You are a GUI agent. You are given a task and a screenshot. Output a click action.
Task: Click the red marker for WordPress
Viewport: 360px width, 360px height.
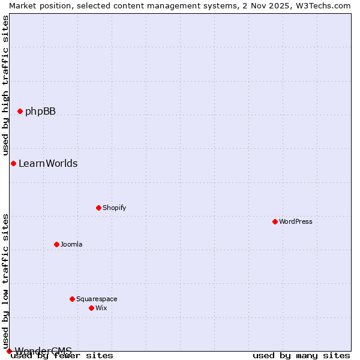(x=275, y=221)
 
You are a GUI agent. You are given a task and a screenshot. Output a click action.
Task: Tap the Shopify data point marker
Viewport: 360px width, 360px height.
(x=98, y=208)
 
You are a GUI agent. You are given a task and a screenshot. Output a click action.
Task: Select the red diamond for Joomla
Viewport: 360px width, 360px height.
(x=56, y=244)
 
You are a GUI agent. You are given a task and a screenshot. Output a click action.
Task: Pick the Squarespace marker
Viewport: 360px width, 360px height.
(x=72, y=299)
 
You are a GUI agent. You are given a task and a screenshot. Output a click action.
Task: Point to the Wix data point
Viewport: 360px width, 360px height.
(x=91, y=308)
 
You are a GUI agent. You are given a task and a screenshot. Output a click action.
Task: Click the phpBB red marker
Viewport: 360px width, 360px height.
(x=20, y=111)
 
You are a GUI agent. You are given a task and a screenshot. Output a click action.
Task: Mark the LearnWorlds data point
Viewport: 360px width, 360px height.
(x=13, y=163)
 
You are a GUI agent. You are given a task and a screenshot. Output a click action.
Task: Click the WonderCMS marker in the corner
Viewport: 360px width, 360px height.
(x=9, y=351)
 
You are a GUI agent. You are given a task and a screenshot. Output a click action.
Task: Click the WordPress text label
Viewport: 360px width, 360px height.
(x=296, y=221)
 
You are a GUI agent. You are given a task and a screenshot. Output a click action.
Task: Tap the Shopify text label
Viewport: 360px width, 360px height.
(x=114, y=208)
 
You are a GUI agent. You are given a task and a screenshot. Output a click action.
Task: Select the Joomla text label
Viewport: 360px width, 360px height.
(x=71, y=244)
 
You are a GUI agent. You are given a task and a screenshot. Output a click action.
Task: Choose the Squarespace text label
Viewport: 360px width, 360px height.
(x=97, y=299)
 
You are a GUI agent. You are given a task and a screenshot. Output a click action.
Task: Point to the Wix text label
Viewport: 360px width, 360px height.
(x=101, y=308)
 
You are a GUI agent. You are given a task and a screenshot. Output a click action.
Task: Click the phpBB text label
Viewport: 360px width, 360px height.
(x=40, y=111)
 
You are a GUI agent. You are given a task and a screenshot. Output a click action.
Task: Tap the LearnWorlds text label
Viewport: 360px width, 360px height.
(x=48, y=163)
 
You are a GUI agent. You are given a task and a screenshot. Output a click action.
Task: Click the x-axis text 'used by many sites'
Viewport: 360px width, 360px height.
(x=301, y=355)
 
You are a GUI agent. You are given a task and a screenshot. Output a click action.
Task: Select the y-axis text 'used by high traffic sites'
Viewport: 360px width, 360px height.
(x=5, y=86)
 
